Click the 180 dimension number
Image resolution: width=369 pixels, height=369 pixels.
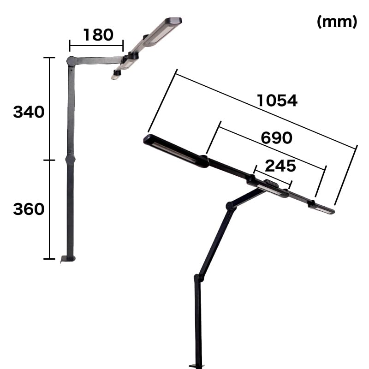98,35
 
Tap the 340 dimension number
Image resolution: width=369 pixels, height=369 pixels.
29,112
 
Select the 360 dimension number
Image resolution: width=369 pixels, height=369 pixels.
29,209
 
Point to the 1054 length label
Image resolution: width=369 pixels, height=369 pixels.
277,101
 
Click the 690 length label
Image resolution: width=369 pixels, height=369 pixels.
276,137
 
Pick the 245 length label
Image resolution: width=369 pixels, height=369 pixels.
280,166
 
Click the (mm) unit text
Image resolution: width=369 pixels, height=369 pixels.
337,22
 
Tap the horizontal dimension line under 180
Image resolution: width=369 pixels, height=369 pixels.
96,45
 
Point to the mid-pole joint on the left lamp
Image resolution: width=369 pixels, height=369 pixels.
70,160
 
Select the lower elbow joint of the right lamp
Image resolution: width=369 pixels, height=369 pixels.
198,278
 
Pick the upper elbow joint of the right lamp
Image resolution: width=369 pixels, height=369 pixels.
231,206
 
